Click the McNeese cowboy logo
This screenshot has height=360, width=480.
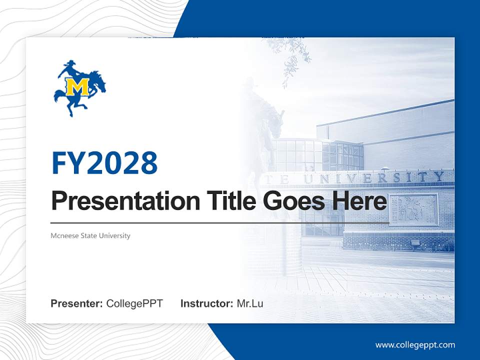tap(79, 88)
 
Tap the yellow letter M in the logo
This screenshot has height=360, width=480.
tap(80, 87)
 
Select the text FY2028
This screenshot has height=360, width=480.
tap(104, 162)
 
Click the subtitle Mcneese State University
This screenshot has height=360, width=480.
tap(90, 235)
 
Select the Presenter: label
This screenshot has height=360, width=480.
tap(77, 303)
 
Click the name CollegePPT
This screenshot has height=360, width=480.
tap(134, 303)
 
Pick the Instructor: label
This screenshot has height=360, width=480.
tap(206, 303)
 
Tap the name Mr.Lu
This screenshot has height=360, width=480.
tap(250, 303)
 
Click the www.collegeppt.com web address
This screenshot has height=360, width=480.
tap(415, 344)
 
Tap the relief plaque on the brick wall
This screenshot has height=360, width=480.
tap(413, 209)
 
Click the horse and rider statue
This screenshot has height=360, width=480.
tap(265, 120)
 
